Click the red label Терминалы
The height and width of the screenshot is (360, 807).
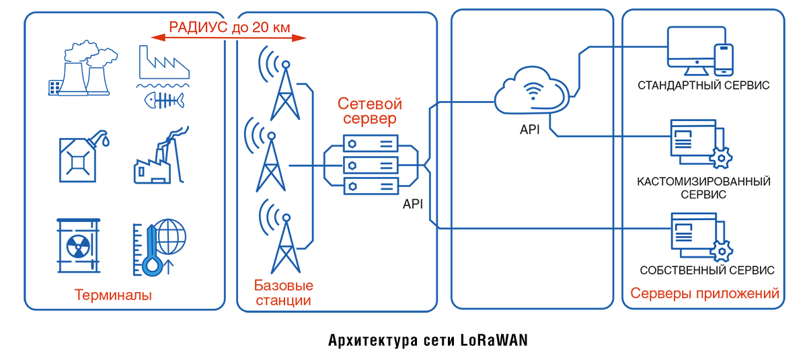point(113,295)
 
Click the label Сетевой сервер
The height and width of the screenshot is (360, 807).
point(369,112)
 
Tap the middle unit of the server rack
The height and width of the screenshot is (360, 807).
point(370,165)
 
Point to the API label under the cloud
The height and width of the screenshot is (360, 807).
point(529,130)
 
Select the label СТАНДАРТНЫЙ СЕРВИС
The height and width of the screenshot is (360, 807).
point(703,86)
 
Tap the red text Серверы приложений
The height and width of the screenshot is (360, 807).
point(705,294)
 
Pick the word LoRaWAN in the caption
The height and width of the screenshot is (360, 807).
point(494,340)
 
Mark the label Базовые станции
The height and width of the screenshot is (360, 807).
point(283,293)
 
